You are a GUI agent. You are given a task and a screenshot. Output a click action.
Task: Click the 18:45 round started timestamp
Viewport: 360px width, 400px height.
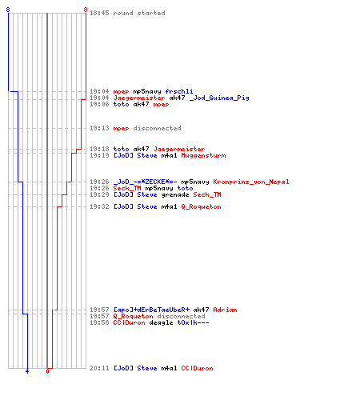pyautogui.click(x=99, y=13)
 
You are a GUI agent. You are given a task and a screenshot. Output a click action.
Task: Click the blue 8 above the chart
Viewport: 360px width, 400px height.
pyautogui.click(x=8, y=10)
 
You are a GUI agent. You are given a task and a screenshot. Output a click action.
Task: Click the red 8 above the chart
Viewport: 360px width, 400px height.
pyautogui.click(x=86, y=10)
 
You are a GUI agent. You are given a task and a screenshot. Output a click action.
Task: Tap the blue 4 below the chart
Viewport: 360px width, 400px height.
pyautogui.click(x=27, y=371)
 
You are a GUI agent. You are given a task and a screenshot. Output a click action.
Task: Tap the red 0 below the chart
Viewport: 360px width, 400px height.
pyautogui.click(x=47, y=371)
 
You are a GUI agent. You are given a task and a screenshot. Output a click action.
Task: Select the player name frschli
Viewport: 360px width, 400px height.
pyautogui.click(x=179, y=91)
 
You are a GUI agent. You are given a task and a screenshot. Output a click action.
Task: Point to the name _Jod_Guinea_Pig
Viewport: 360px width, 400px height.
pyautogui.click(x=219, y=98)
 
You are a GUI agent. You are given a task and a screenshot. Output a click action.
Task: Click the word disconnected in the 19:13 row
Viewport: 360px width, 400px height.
pyautogui.click(x=157, y=128)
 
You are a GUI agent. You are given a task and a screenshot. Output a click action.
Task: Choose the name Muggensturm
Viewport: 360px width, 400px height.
pyautogui.click(x=203, y=155)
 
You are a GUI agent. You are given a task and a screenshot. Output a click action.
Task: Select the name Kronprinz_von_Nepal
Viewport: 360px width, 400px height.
pyautogui.click(x=251, y=182)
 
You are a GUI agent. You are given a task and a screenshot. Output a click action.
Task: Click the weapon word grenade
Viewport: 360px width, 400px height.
pyautogui.click(x=175, y=194)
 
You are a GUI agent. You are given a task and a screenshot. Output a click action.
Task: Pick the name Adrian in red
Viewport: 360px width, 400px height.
pyautogui.click(x=225, y=310)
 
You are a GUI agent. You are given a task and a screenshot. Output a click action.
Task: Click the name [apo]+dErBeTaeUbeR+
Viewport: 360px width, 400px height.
pyautogui.click(x=151, y=310)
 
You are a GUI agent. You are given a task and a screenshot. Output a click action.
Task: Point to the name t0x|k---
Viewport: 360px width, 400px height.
pyautogui.click(x=193, y=322)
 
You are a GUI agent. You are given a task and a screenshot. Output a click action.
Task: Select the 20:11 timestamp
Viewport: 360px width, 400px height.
pyautogui.click(x=99, y=368)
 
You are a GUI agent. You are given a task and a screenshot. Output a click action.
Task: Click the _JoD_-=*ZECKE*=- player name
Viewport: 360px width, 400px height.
pyautogui.click(x=146, y=182)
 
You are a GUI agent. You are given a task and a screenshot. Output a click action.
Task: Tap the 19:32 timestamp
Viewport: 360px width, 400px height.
pyautogui.click(x=99, y=206)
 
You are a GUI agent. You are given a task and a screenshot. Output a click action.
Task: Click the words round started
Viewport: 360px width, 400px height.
pyautogui.click(x=139, y=13)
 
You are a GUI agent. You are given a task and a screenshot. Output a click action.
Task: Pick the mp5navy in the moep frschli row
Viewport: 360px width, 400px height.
pyautogui.click(x=147, y=91)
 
